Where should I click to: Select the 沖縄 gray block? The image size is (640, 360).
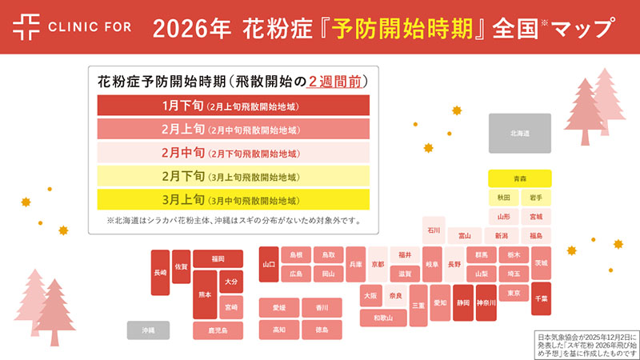(x=148, y=330)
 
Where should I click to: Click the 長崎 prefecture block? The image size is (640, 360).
(x=161, y=273)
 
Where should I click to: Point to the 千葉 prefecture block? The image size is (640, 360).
(x=542, y=298)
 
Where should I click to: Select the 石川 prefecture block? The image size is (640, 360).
(x=434, y=230)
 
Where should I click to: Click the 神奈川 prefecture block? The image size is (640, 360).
(x=486, y=303)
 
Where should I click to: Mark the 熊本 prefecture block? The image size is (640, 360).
(x=206, y=294)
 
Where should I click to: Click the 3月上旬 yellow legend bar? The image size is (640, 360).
(x=233, y=200)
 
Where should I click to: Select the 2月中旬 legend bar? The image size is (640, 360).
(x=233, y=153)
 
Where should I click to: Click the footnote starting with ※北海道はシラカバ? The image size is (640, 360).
(x=233, y=220)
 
